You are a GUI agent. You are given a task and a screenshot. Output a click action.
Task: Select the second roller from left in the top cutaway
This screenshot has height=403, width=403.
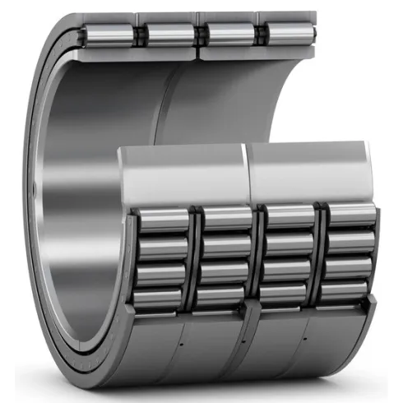pyautogui.click(x=171, y=35)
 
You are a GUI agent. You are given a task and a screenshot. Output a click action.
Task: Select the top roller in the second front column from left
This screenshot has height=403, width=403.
pyautogui.click(x=226, y=219)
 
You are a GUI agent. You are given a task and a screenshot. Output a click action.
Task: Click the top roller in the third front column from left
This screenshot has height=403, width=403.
pyautogui.click(x=290, y=216)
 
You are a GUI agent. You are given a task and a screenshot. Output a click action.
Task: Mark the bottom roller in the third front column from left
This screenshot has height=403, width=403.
pyautogui.click(x=285, y=294)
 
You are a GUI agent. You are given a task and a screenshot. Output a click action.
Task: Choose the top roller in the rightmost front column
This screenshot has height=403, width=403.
pyautogui.click(x=350, y=215)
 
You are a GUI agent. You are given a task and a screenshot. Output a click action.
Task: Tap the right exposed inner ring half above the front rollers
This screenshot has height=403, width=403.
pyautogui.click(x=308, y=171)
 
